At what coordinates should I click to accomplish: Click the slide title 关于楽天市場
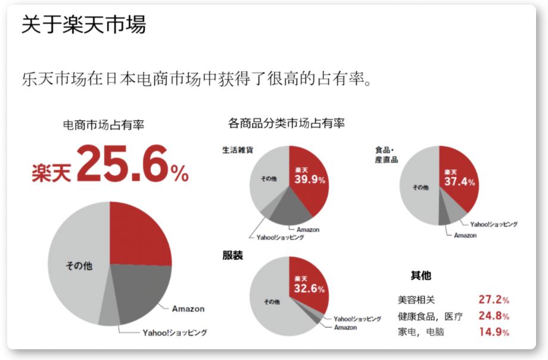point(83,25)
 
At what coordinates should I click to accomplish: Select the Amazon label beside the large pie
point(188,309)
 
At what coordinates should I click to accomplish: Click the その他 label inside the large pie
point(79,266)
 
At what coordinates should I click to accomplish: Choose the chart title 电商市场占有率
point(103,125)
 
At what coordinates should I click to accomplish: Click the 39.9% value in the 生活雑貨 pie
point(310,179)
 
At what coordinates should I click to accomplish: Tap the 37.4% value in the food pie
point(459,182)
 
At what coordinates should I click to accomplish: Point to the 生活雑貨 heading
point(237,150)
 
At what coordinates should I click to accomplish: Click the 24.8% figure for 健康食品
point(493,316)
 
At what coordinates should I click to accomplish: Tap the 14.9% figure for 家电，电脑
point(493,332)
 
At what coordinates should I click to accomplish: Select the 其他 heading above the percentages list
point(421,275)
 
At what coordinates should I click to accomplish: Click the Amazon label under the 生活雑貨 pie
point(307,229)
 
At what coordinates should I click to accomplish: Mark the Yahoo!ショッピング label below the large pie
point(174,333)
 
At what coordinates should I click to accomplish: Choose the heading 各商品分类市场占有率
point(286,124)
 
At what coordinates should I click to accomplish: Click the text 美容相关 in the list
point(417,300)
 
